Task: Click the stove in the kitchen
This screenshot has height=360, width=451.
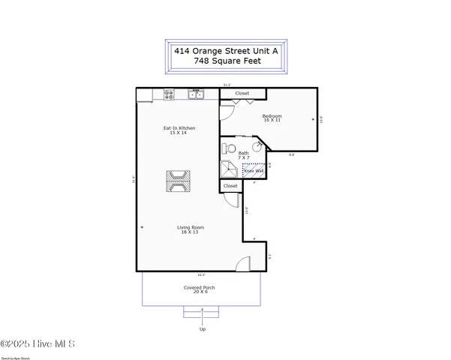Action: [170, 94]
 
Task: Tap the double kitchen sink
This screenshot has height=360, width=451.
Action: [196, 94]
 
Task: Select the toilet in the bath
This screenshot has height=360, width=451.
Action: [230, 148]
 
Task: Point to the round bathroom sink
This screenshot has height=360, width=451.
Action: [255, 148]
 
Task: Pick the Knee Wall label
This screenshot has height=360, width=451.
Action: [253, 171]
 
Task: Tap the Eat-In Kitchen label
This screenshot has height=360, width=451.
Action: [179, 130]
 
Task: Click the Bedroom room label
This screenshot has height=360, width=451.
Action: [272, 118]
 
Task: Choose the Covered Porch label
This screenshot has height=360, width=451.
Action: [200, 289]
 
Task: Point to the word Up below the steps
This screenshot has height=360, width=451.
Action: [202, 329]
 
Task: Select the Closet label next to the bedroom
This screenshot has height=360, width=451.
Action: [242, 94]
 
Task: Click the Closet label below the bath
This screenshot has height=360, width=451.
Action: [230, 185]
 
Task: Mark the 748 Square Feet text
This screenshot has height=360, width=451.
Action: [226, 61]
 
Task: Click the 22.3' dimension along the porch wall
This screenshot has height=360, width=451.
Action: [201, 274]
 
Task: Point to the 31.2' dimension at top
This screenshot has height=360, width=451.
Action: [226, 85]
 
